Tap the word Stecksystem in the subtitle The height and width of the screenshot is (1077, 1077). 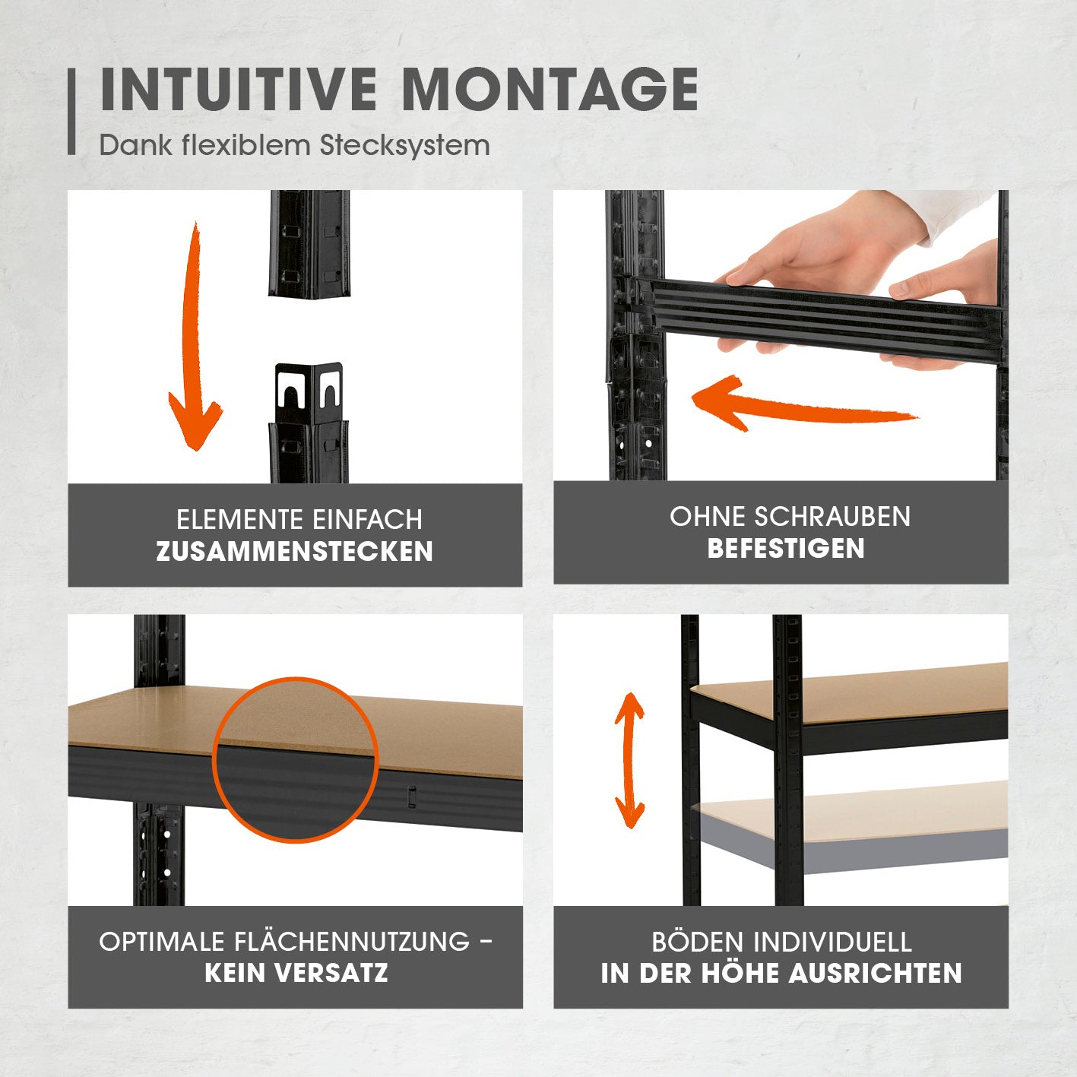405,145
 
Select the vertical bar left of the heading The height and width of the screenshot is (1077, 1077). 71,111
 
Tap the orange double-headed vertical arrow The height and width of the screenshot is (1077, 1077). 630,761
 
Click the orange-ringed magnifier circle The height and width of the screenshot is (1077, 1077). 295,760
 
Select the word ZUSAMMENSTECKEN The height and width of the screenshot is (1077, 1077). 295,552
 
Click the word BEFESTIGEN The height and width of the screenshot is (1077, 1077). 786,548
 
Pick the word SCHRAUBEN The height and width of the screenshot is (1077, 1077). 832,516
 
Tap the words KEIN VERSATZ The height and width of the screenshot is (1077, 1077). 296,973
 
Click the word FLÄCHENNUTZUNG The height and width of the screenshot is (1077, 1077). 352,941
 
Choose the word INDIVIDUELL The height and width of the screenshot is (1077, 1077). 832,942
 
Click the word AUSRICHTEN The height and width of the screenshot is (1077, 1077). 876,973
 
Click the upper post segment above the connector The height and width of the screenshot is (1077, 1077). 309,243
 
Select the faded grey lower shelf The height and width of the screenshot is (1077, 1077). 850,827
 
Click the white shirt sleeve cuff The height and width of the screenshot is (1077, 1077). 958,215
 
